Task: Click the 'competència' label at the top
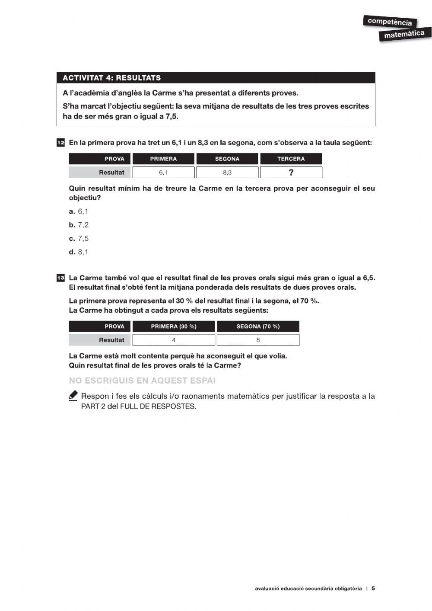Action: tap(389, 21)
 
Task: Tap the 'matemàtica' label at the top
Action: tap(404, 34)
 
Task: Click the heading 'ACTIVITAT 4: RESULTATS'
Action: tap(111, 78)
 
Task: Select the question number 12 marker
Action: tap(60, 143)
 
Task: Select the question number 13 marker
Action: tap(60, 278)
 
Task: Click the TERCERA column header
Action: tap(291, 159)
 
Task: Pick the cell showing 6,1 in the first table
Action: tap(163, 173)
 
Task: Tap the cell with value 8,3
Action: tap(227, 173)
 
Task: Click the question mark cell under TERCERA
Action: tap(291, 173)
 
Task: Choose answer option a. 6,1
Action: tap(79, 211)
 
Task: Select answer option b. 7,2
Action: tap(79, 225)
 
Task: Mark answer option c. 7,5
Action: tap(79, 238)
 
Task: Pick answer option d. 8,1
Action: tap(79, 252)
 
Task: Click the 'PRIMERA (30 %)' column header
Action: tap(174, 326)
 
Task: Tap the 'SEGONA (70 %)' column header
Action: tap(258, 326)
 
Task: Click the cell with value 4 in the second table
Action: tap(174, 340)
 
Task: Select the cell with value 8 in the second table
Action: tap(258, 340)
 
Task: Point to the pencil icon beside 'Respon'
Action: tap(73, 396)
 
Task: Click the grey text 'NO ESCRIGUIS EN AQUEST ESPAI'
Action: tap(142, 381)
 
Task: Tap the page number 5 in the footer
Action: tap(373, 588)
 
